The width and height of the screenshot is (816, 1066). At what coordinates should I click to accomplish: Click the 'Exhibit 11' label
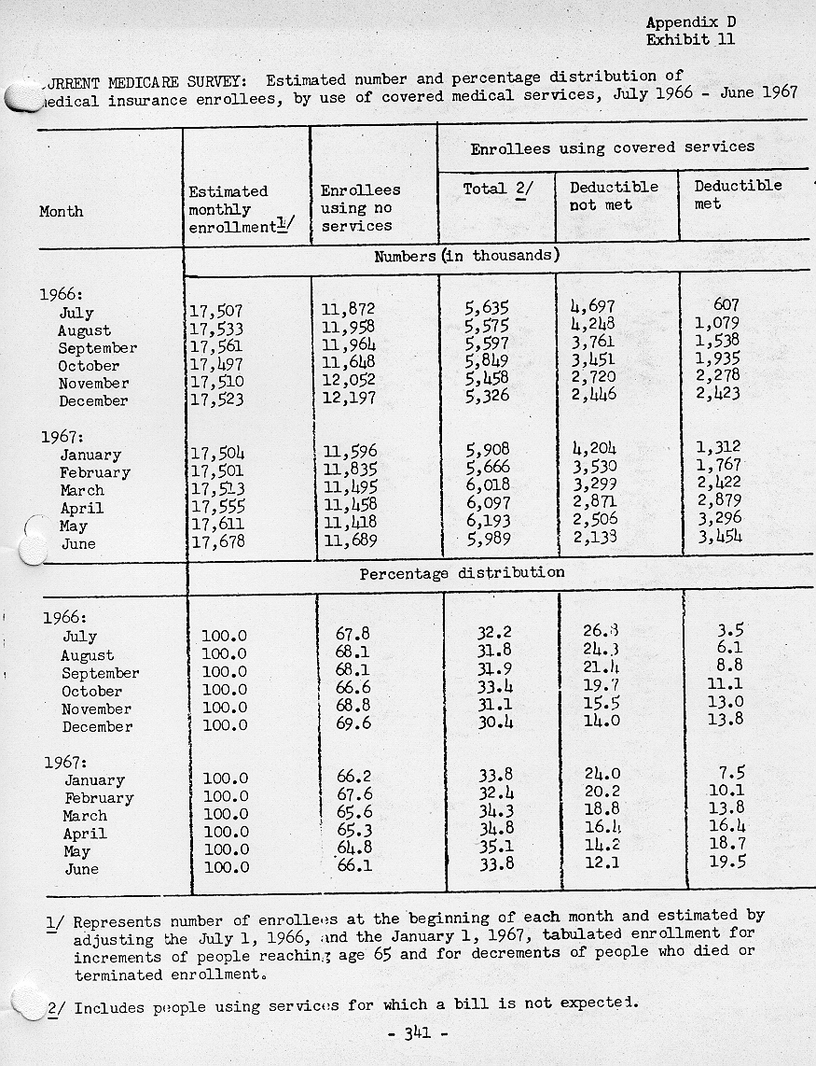(690, 39)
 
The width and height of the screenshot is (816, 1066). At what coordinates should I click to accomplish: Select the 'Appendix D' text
(690, 22)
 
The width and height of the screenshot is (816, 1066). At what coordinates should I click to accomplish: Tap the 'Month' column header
(62, 212)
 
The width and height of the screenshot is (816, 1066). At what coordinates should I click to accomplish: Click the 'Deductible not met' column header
(614, 195)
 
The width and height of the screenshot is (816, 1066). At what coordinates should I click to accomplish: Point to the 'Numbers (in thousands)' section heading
(466, 256)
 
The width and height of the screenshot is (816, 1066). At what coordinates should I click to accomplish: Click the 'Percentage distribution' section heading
(462, 573)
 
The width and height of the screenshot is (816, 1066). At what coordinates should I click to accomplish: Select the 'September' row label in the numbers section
(97, 348)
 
